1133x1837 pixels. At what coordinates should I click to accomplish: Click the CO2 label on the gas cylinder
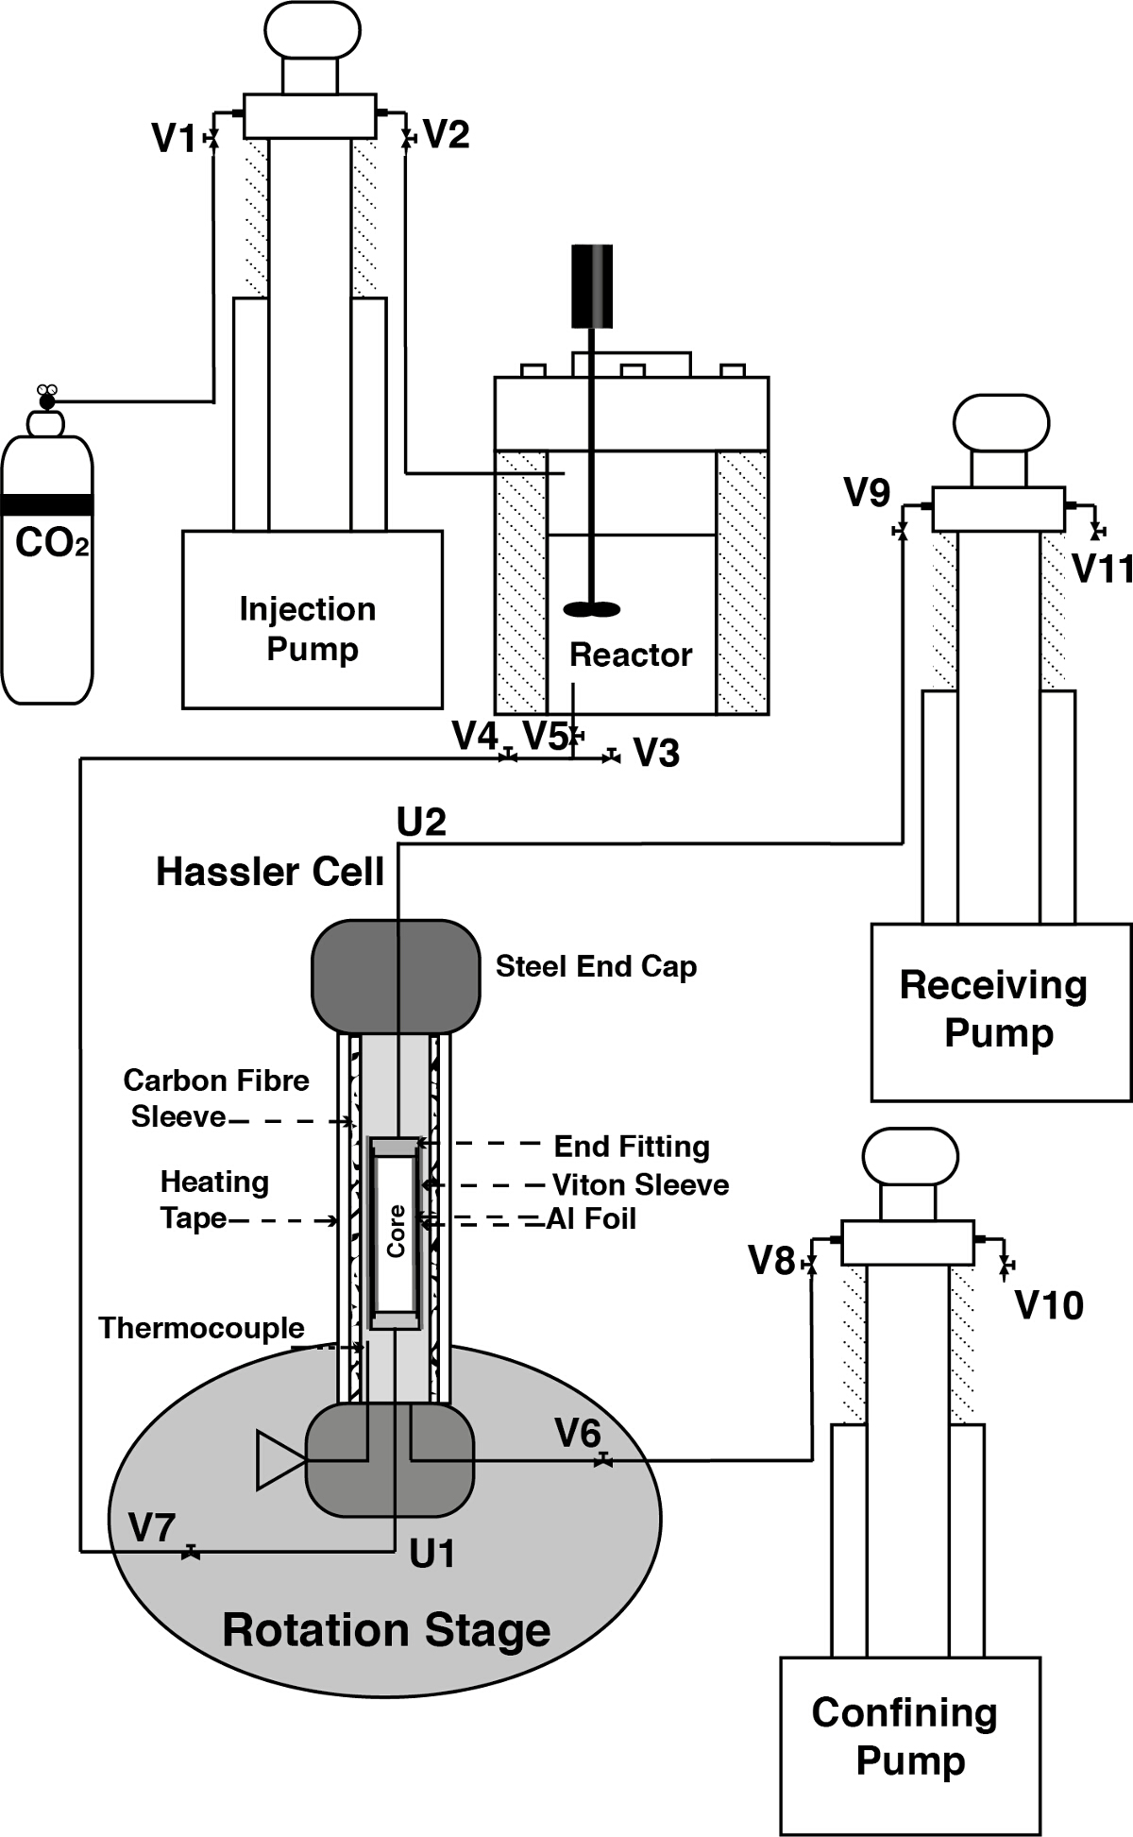pyautogui.click(x=52, y=544)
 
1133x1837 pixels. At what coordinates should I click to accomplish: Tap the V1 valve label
pyautogui.click(x=173, y=139)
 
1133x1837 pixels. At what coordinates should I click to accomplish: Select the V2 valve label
pyautogui.click(x=447, y=135)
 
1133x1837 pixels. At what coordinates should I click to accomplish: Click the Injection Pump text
pyautogui.click(x=309, y=629)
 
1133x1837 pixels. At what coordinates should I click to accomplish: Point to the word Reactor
pyautogui.click(x=631, y=655)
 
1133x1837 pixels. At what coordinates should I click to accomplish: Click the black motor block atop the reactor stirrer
pyautogui.click(x=592, y=286)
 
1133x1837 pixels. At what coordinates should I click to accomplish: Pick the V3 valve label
pyautogui.click(x=656, y=754)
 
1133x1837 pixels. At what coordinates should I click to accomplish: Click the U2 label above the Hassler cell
pyautogui.click(x=421, y=824)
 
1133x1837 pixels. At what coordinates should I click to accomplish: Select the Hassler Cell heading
pyautogui.click(x=270, y=872)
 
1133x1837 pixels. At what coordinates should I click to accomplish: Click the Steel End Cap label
pyautogui.click(x=596, y=966)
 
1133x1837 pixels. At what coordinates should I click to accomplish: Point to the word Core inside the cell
pyautogui.click(x=396, y=1231)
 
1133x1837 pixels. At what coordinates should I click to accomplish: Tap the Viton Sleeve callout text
pyautogui.click(x=640, y=1184)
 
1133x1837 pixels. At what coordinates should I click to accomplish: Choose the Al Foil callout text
pyautogui.click(x=592, y=1218)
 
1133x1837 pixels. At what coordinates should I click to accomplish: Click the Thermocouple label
pyautogui.click(x=201, y=1328)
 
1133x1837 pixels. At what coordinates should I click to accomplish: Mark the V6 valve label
pyautogui.click(x=577, y=1433)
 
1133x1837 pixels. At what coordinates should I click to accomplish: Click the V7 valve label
pyautogui.click(x=151, y=1527)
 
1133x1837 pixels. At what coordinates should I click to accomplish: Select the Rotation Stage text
pyautogui.click(x=386, y=1631)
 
